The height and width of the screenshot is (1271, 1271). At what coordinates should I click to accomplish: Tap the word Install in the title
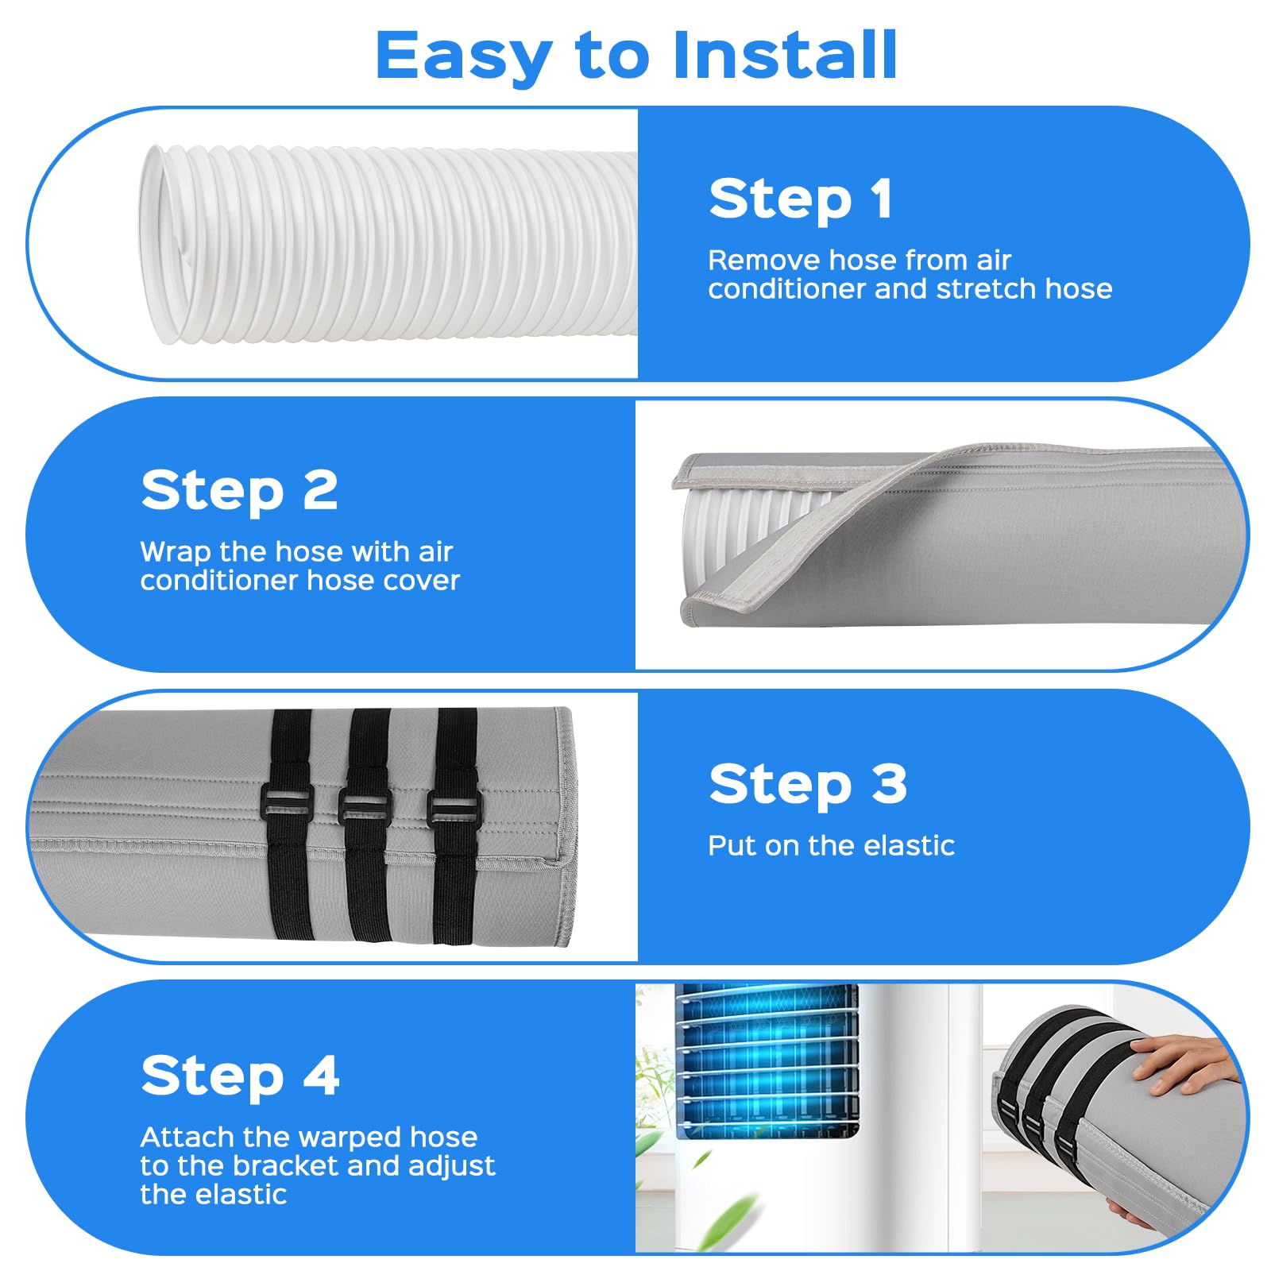click(x=785, y=55)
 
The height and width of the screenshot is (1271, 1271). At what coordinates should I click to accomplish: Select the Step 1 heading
click(x=801, y=199)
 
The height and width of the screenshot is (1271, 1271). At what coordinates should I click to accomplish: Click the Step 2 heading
click(x=239, y=490)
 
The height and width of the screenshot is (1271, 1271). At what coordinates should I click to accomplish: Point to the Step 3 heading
click(x=808, y=784)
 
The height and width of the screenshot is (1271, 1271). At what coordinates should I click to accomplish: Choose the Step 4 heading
click(x=240, y=1076)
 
